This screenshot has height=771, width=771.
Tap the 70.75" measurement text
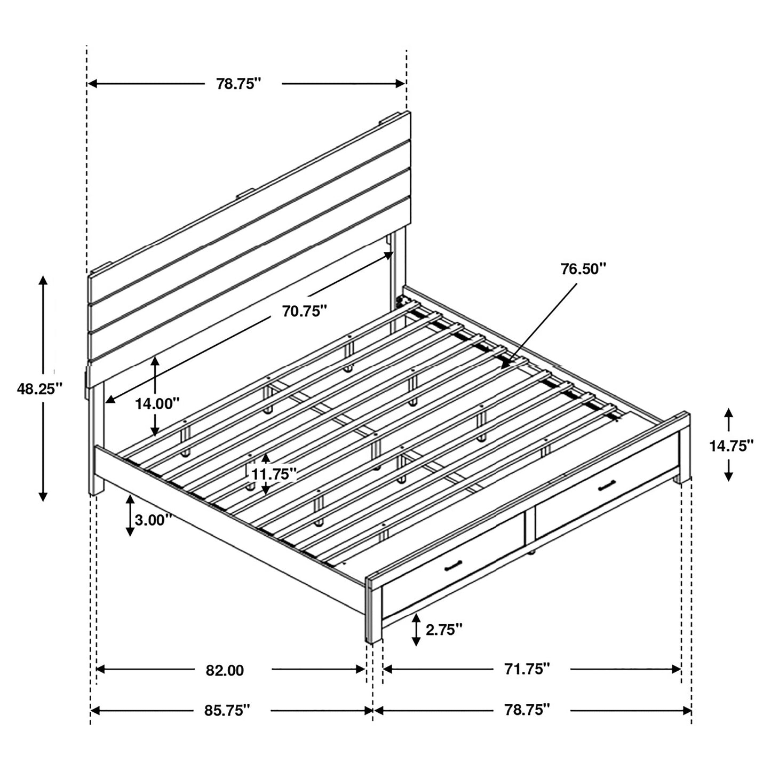click(305, 311)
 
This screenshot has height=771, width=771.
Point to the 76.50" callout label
click(584, 268)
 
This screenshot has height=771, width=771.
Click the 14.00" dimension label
click(157, 403)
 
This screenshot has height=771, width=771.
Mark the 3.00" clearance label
click(154, 519)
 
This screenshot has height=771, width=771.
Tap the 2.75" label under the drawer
click(443, 630)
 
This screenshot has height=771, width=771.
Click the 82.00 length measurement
click(225, 670)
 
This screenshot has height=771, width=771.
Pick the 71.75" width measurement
click(527, 669)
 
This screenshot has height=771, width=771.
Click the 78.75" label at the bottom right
click(527, 710)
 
